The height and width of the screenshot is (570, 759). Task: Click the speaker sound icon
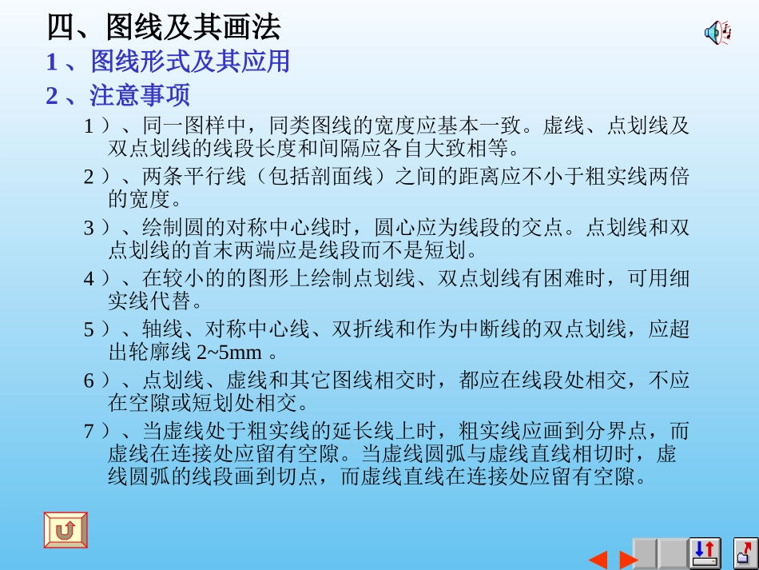pos(717,33)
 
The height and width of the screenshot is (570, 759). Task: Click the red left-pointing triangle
pos(598,559)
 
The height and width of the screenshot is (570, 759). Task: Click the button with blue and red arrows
pos(705,553)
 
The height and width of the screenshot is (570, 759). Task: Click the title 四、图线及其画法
pos(164,28)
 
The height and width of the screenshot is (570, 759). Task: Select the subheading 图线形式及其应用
pos(190,62)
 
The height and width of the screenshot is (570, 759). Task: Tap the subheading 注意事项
pos(140,96)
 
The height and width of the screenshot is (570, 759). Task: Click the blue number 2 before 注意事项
pos(52,96)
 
